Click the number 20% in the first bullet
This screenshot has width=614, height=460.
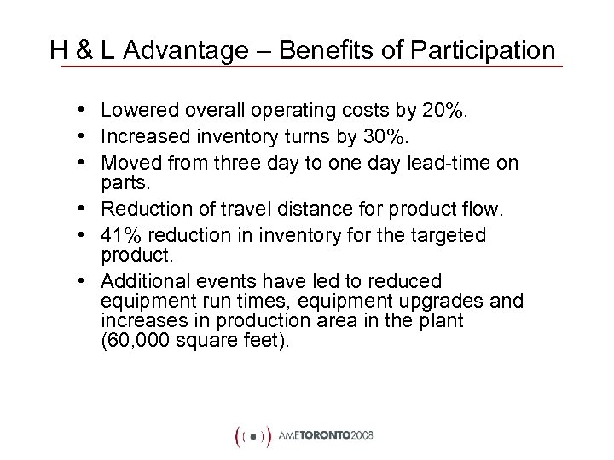412,110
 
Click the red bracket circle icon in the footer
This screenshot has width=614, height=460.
252,434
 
